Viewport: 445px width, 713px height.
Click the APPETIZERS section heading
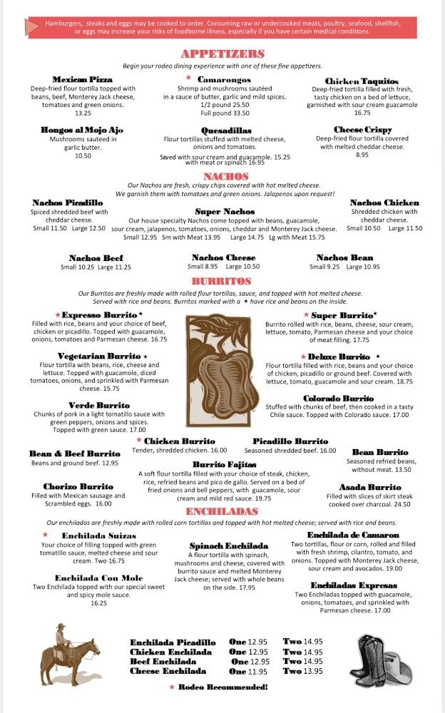click(222, 54)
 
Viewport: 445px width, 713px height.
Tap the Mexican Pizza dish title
click(83, 79)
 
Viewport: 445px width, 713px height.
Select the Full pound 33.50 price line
click(225, 113)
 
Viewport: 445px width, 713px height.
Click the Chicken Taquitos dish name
click(362, 81)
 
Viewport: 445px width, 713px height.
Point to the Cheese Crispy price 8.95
click(362, 155)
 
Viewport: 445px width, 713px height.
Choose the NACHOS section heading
click(225, 176)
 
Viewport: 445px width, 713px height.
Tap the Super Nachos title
click(225, 212)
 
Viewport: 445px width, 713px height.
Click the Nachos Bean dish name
click(344, 257)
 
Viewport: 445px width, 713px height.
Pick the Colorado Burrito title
click(338, 399)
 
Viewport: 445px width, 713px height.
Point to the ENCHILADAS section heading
click(222, 512)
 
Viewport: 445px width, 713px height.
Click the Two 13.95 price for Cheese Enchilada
click(303, 670)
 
